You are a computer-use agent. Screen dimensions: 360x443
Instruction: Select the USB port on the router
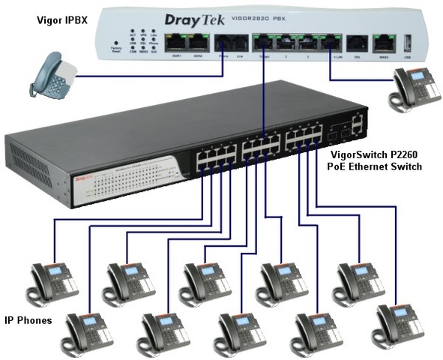coord(408,43)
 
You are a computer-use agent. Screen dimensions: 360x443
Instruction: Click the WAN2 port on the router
coord(383,43)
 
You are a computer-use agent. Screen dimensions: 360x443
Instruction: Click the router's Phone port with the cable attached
coord(223,43)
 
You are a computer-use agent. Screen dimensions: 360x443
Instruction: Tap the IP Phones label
coord(26,320)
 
